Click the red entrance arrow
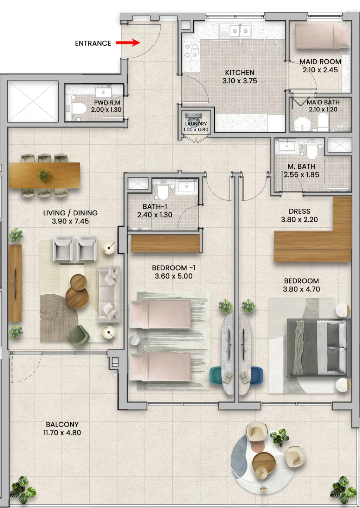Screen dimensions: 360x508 click(128, 43)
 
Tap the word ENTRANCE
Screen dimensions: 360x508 click(93, 43)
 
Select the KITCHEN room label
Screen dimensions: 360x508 click(239, 73)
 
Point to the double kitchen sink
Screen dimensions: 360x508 click(235, 31)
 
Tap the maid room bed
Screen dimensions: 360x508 click(322, 36)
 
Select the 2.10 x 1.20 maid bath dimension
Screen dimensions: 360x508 click(323, 109)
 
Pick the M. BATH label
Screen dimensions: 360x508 click(301, 167)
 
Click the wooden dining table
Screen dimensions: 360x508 click(45, 175)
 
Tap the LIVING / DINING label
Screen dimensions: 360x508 click(70, 213)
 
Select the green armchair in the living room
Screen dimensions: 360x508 click(79, 336)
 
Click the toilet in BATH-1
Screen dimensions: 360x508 click(163, 192)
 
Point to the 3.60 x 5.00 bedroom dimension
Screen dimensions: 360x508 click(174, 276)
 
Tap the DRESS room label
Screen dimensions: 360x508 click(300, 211)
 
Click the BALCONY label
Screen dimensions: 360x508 click(62, 424)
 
